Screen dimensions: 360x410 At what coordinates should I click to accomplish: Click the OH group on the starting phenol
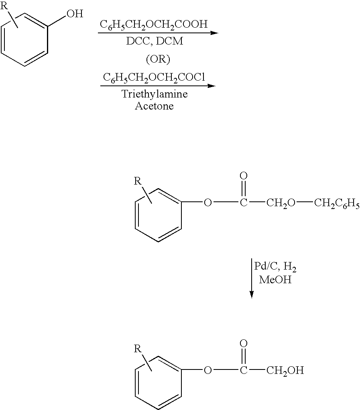tap(75, 14)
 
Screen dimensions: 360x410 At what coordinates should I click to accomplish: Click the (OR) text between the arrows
tap(158, 59)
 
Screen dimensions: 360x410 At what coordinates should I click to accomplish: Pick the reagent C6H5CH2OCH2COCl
tap(154, 77)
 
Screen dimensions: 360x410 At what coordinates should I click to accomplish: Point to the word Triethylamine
tap(155, 95)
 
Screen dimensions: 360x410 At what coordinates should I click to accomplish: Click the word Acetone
tap(154, 107)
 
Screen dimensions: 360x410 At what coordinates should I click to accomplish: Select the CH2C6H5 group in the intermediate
tap(336, 203)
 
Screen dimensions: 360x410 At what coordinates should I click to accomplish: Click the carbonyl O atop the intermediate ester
tap(243, 176)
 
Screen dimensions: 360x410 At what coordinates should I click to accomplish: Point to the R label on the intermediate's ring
tap(138, 181)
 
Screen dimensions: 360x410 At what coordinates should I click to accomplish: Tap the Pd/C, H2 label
tap(275, 267)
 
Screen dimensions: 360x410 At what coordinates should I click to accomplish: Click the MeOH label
tap(275, 280)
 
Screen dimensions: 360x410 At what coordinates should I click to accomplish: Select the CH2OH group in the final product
tap(285, 370)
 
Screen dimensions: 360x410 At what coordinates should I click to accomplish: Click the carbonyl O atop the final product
tap(243, 344)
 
